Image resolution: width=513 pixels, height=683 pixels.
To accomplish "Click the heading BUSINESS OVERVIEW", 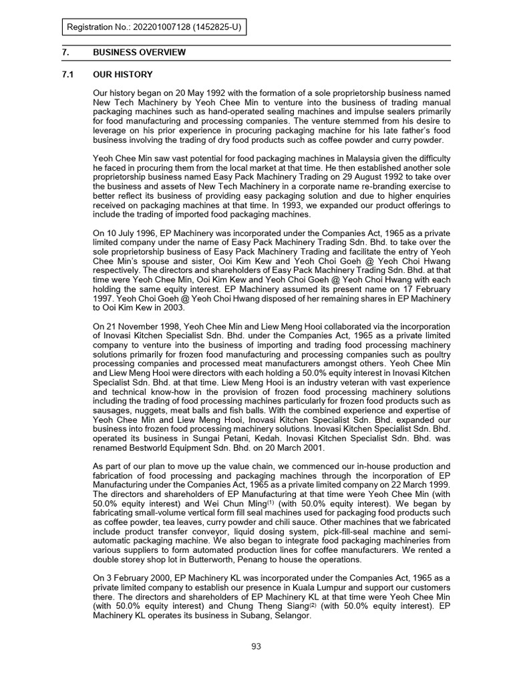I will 140,53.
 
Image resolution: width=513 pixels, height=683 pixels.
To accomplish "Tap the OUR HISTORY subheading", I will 123,75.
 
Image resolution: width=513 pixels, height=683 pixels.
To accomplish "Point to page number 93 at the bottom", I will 256,646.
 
